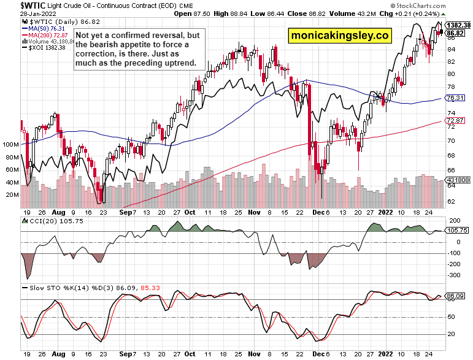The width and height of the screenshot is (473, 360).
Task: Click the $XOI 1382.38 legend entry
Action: click(x=45, y=47)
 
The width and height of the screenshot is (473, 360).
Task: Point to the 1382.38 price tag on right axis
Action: click(x=458, y=25)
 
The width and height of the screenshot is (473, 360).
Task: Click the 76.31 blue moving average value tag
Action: click(x=454, y=98)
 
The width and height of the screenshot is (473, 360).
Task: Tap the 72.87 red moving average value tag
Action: click(x=454, y=121)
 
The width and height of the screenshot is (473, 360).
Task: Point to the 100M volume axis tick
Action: click(x=10, y=145)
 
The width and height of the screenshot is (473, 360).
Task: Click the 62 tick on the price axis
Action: click(x=451, y=201)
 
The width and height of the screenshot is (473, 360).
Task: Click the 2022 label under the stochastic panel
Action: click(x=384, y=354)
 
